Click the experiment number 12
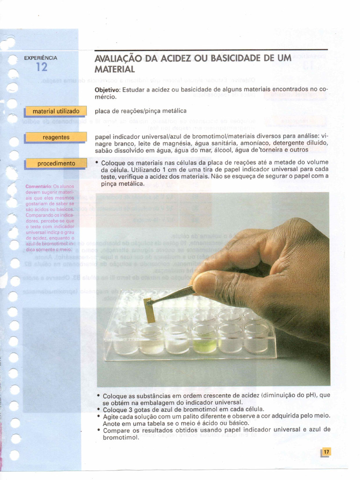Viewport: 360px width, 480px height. coord(41,67)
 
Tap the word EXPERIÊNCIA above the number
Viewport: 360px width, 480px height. coord(41,58)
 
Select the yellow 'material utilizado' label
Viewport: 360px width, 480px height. coord(56,111)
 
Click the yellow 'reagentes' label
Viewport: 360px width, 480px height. coord(56,137)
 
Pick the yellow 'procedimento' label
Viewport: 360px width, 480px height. coord(56,163)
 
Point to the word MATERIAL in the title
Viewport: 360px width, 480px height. coord(115,69)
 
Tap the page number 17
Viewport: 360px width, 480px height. coord(326,452)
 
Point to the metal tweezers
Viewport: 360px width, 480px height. coord(173,293)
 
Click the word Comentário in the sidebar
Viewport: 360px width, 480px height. coord(38,186)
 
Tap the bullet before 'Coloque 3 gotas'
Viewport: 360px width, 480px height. coord(98,409)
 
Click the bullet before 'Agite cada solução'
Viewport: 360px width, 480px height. coord(98,416)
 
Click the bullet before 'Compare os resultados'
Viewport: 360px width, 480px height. coord(98,429)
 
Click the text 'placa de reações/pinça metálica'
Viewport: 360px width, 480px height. coord(141,111)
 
